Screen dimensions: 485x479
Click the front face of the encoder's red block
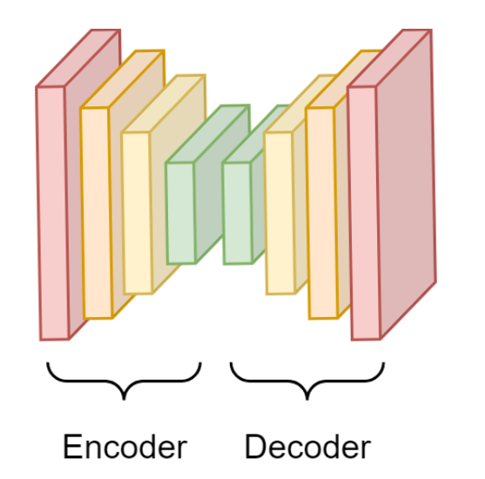[x=52, y=213]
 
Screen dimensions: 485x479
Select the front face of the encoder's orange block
[x=97, y=213]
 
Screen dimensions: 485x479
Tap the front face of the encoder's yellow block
[x=138, y=213]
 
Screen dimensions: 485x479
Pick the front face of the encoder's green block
[x=181, y=213]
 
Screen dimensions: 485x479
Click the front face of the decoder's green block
[x=238, y=213]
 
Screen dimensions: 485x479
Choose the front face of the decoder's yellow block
[x=280, y=213]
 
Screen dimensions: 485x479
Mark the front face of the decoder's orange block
[x=322, y=213]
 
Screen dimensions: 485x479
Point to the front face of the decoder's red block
[x=364, y=213]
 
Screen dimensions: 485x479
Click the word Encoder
[x=125, y=447]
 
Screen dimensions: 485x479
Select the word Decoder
[x=307, y=447]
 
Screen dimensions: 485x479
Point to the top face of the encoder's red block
[x=78, y=57]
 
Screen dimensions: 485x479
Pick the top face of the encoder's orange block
[x=122, y=79]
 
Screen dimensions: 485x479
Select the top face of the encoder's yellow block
[x=164, y=104]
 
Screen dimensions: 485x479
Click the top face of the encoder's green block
[x=207, y=133]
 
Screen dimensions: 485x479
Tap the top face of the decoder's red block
[x=389, y=57]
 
